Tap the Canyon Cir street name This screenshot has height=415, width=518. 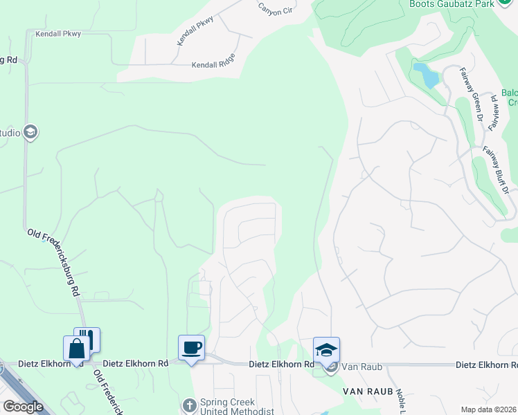coord(275,9)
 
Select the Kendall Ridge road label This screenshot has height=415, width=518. coord(213,66)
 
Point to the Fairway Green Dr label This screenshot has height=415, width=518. coord(472,94)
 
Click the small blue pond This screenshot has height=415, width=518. coord(426,75)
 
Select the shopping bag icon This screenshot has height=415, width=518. coord(75,348)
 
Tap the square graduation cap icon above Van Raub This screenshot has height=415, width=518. coord(326,349)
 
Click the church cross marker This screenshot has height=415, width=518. coord(189,405)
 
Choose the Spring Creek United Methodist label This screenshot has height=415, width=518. coord(228,407)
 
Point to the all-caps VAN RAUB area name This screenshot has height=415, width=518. coord(368,391)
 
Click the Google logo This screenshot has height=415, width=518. coord(24,407)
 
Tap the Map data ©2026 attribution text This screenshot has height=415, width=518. coord(489,409)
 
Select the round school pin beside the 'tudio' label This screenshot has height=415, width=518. coord(30,132)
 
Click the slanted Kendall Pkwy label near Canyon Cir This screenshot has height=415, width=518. coord(195,31)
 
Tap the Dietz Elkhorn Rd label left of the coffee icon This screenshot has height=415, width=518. coord(136,363)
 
